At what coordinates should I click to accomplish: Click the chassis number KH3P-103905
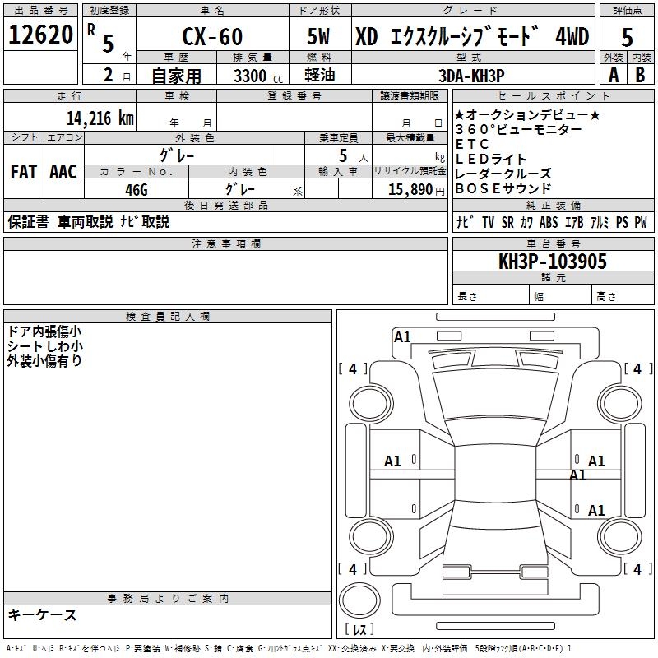pyautogui.click(x=553, y=262)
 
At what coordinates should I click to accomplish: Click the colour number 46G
pyautogui.click(x=136, y=188)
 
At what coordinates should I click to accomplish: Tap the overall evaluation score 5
pyautogui.click(x=628, y=38)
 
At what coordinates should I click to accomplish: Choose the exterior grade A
pyautogui.click(x=614, y=74)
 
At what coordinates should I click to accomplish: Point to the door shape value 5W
pyautogui.click(x=320, y=38)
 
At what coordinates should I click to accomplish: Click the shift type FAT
pyautogui.click(x=24, y=172)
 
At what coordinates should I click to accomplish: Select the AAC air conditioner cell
pyautogui.click(x=63, y=172)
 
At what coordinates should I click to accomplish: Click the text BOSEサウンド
pyautogui.click(x=503, y=188)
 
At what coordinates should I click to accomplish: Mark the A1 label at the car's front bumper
pyautogui.click(x=402, y=336)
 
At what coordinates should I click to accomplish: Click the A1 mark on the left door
pyautogui.click(x=393, y=461)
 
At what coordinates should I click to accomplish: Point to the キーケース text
pyautogui.click(x=42, y=614)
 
